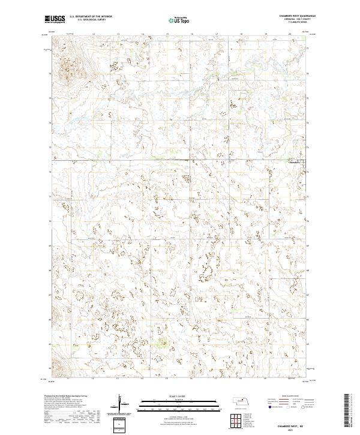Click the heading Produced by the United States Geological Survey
point(68,397)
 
